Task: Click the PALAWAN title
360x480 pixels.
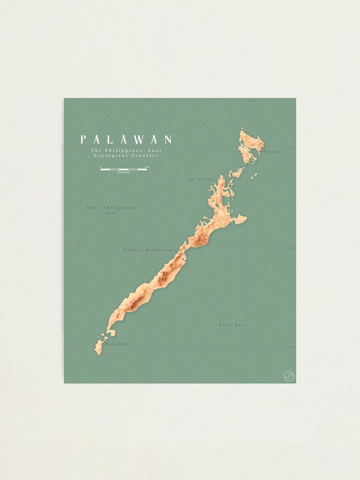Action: click(126, 140)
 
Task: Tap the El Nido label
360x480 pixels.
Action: click(199, 179)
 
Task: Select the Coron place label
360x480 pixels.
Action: click(273, 152)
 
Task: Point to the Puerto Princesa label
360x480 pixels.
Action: click(147, 250)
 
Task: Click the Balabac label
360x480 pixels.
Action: click(117, 344)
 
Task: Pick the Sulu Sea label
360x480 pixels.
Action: click(232, 325)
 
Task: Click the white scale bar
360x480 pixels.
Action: click(124, 169)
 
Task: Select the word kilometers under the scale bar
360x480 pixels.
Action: click(124, 172)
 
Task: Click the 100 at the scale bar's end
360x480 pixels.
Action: click(146, 167)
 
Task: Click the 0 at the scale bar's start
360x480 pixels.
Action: click(101, 167)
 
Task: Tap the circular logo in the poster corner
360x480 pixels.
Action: click(289, 376)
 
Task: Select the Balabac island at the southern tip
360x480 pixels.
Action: click(99, 347)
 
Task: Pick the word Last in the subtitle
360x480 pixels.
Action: click(154, 150)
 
